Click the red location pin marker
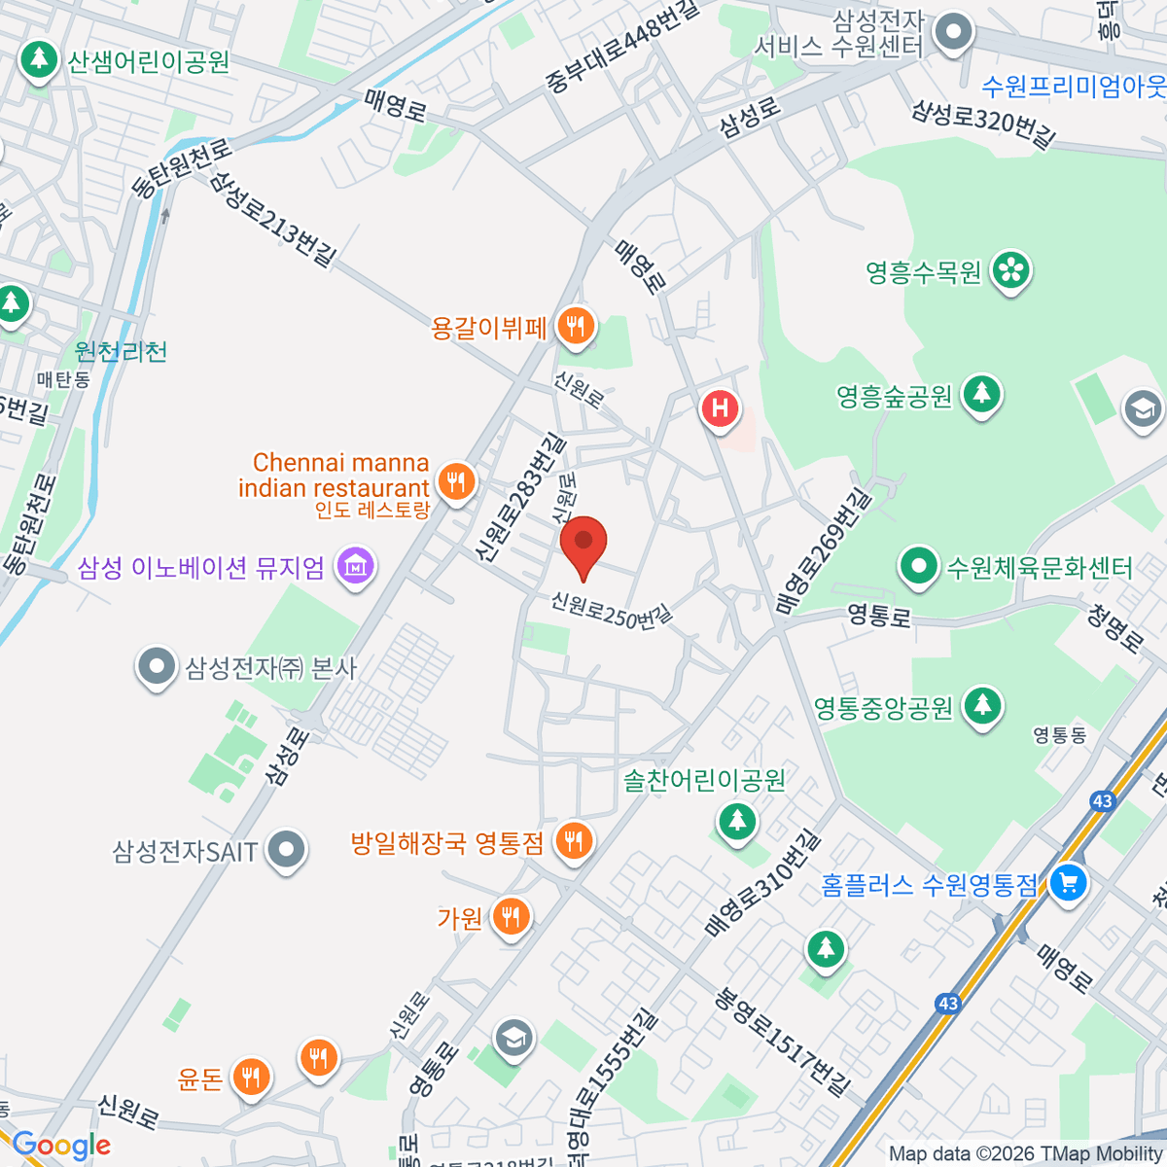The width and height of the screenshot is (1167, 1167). [x=583, y=545]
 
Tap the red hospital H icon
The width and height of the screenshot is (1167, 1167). [x=720, y=408]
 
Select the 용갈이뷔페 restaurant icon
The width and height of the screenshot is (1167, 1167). [x=576, y=327]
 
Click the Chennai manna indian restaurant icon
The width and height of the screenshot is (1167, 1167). [x=455, y=480]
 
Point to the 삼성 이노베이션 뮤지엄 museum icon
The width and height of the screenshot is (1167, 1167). [x=355, y=565]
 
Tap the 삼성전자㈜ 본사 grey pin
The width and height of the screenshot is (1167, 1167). [x=156, y=667]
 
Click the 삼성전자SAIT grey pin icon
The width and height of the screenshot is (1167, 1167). [x=285, y=850]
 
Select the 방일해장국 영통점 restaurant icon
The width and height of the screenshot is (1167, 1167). [x=574, y=841]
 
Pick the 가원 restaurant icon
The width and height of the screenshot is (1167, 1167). [x=511, y=916]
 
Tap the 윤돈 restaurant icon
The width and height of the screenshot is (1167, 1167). [x=251, y=1077]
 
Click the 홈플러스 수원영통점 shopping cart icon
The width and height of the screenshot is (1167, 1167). [x=1068, y=883]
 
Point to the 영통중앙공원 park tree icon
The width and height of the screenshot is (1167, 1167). [x=982, y=706]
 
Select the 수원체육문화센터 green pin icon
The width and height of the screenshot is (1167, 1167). [x=917, y=566]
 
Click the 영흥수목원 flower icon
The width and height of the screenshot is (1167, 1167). [x=1011, y=270]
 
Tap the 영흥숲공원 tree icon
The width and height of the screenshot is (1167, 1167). [x=981, y=395]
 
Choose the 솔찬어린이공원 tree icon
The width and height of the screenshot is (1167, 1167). [x=737, y=822]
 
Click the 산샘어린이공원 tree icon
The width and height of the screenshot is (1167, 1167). [x=39, y=60]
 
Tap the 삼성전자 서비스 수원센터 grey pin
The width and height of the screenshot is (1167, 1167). [x=953, y=32]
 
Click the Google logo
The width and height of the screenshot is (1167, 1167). [x=61, y=1146]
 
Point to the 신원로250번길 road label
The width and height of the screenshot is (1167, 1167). [x=611, y=610]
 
